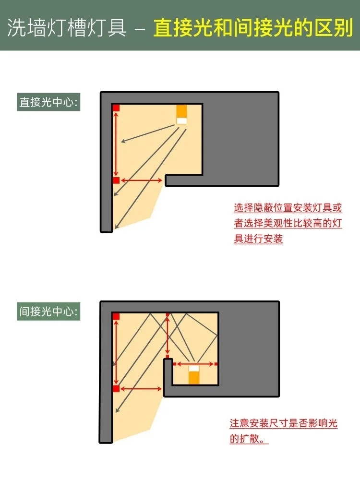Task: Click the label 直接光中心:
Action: click(x=48, y=102)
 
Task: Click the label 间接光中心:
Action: click(x=48, y=312)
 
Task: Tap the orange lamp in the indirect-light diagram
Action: click(x=194, y=374)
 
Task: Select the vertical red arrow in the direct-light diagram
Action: click(x=116, y=144)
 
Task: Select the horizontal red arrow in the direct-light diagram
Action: click(x=142, y=180)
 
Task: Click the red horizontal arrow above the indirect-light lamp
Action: click(x=195, y=364)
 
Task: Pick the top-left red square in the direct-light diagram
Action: click(x=116, y=108)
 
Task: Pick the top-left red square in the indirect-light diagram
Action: click(x=116, y=316)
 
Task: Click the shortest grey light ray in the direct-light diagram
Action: click(x=148, y=133)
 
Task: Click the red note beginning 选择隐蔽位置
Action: click(x=288, y=223)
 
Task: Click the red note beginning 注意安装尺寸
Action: click(x=284, y=431)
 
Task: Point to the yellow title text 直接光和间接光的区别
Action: click(x=253, y=28)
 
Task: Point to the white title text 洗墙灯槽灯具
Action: click(x=67, y=28)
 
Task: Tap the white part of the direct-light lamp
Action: click(x=182, y=120)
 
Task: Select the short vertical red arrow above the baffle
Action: click(x=168, y=336)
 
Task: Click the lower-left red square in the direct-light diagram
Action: click(x=116, y=180)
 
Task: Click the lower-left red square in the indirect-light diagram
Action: click(x=116, y=389)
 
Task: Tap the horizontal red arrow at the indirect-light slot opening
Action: click(x=141, y=389)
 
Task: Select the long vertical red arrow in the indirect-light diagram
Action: click(x=116, y=352)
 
